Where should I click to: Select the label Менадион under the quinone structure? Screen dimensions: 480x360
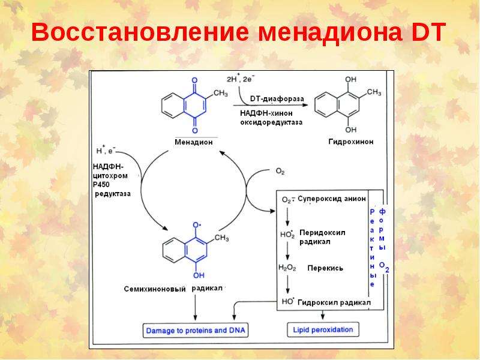(193, 142)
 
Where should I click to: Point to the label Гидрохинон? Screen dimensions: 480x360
(351, 142)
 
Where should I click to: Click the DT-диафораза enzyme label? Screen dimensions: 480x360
(277, 98)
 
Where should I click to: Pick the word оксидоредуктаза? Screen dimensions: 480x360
(271, 122)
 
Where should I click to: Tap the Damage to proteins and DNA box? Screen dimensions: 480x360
(196, 331)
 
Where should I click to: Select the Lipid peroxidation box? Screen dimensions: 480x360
(323, 329)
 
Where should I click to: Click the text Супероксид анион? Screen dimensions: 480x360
(332, 199)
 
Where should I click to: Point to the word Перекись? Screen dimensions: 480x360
(325, 268)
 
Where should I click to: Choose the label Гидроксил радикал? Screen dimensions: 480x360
(334, 303)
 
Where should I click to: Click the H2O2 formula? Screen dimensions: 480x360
(287, 268)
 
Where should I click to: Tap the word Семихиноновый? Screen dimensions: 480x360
(155, 289)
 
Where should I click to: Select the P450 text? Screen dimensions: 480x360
(101, 185)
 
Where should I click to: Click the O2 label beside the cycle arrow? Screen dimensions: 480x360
(280, 171)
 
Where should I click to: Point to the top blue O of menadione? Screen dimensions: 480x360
(194, 80)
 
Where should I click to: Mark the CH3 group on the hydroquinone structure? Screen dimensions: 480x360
(374, 92)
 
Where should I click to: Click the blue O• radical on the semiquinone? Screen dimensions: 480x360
(197, 225)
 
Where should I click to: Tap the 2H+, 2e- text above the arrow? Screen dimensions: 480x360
(241, 79)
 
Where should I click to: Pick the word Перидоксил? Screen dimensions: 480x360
(322, 233)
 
